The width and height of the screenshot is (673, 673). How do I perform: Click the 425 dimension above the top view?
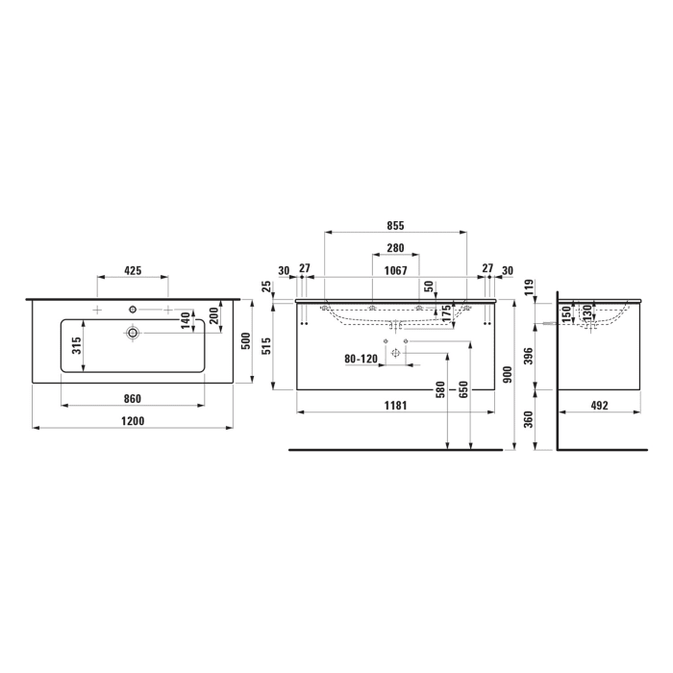point(133,272)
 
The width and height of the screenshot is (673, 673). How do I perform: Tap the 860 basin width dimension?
point(133,398)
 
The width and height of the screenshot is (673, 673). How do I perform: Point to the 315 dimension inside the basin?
point(77,345)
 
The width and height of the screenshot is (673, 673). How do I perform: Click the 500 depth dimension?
point(245,341)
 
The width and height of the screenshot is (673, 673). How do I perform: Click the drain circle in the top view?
point(133,333)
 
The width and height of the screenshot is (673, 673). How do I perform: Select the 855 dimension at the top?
point(396,225)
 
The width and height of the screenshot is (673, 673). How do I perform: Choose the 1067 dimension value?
point(396,270)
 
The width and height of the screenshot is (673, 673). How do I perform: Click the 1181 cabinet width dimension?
point(396,406)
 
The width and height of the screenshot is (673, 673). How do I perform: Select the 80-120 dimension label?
point(361,359)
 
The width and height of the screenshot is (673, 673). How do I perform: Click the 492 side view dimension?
point(600,406)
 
